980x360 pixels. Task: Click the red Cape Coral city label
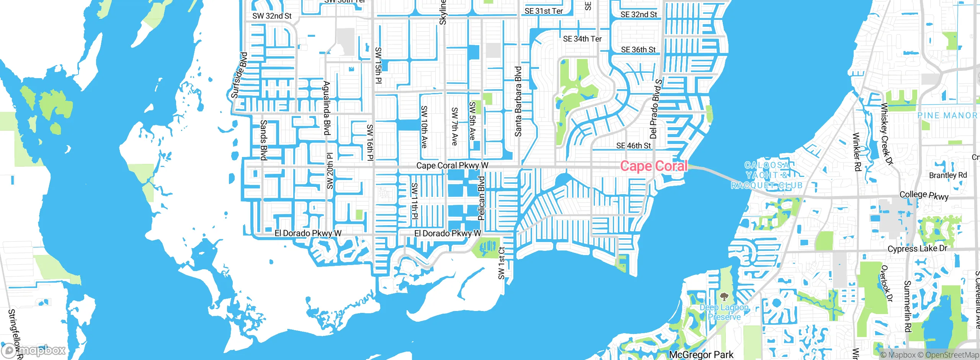(x=653, y=166)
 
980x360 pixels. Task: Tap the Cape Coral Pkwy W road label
(x=452, y=165)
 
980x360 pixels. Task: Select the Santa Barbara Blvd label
(x=518, y=101)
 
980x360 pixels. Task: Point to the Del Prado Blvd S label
(x=655, y=109)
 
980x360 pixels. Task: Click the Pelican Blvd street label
(x=482, y=198)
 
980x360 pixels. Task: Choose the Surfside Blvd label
(x=240, y=75)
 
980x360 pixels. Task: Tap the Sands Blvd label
(x=263, y=140)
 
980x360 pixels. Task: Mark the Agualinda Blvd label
(x=327, y=108)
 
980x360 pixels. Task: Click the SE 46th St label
(x=633, y=146)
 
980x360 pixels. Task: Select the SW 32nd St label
(x=272, y=16)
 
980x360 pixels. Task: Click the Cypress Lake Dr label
(x=917, y=249)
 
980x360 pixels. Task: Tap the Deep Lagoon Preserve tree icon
(x=724, y=296)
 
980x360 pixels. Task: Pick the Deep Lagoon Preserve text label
(x=724, y=312)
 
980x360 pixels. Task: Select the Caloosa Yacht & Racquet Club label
(x=766, y=175)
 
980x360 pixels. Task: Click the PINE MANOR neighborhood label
(x=947, y=115)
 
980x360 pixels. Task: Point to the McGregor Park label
(x=701, y=355)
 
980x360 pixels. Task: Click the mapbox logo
(x=33, y=350)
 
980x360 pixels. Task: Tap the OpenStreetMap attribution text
(x=951, y=355)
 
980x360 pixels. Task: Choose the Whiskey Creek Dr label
(x=887, y=134)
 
